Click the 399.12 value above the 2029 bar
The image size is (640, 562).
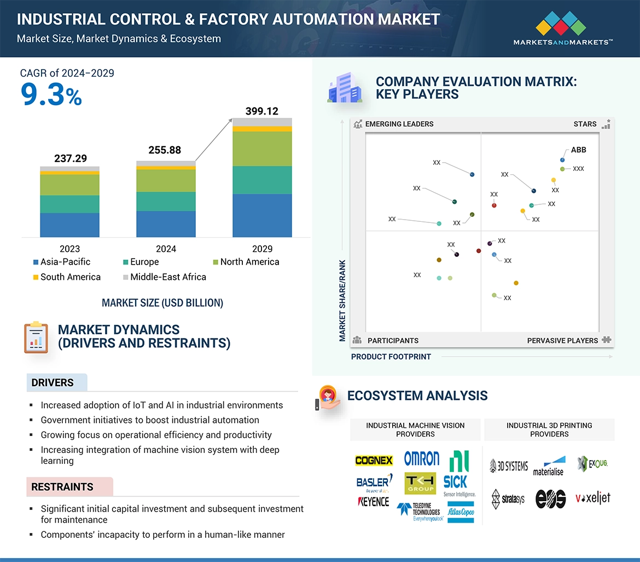[262, 111]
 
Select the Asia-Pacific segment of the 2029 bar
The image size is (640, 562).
[262, 215]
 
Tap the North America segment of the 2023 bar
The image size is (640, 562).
[69, 185]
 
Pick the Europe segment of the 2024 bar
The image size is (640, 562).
[166, 201]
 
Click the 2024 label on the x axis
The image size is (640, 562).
[166, 249]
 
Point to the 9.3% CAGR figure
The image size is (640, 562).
[51, 95]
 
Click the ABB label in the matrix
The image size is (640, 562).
[578, 150]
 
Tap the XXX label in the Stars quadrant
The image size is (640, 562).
[578, 169]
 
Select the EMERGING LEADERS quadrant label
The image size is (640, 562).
[399, 124]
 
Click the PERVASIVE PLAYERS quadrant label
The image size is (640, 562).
[562, 341]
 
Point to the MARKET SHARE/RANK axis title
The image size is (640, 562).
[343, 300]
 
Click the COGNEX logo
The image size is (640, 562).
[374, 461]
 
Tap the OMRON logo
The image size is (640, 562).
[421, 458]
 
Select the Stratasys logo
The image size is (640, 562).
[508, 498]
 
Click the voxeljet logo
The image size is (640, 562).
[592, 498]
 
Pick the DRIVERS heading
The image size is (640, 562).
[53, 383]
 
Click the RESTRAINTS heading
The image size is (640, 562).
[62, 487]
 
